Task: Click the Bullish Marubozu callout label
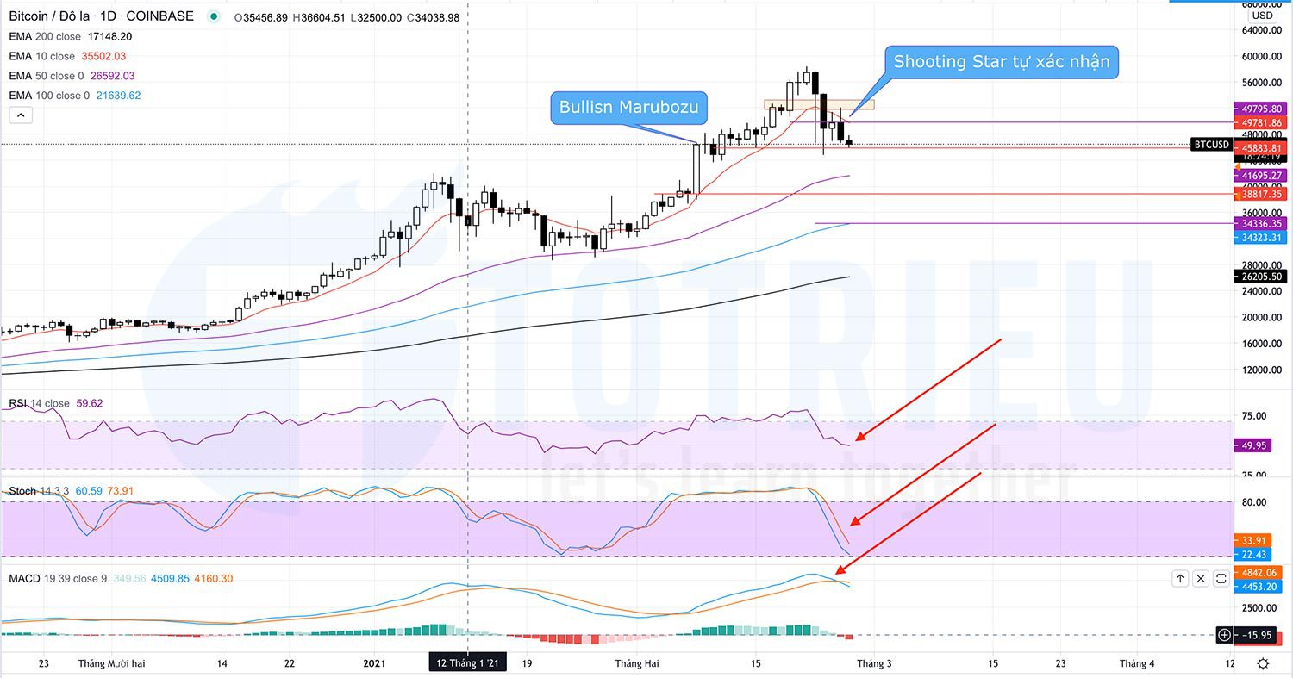[629, 108]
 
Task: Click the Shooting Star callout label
[1001, 62]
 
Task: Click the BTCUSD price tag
[1210, 145]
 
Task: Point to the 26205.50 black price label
[1263, 277]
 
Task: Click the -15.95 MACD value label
[1259, 636]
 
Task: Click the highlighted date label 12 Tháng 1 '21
[468, 662]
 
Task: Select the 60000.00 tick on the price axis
[1262, 57]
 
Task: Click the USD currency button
[1262, 16]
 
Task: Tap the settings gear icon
[1263, 662]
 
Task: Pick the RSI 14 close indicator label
[40, 403]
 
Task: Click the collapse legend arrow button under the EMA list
[21, 115]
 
